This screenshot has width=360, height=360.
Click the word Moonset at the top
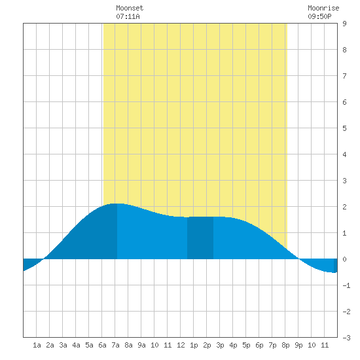[130, 8]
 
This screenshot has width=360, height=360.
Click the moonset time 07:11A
[128, 16]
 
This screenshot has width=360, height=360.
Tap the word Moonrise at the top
[323, 8]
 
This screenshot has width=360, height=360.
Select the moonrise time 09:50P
[319, 16]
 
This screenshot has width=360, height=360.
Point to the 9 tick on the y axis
[344, 24]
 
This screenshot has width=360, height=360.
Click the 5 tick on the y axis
[344, 128]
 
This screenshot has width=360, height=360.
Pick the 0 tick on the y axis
[344, 259]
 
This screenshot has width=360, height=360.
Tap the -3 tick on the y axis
[346, 338]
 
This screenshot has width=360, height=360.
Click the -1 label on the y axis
[346, 285]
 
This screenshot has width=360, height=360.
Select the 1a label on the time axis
[37, 345]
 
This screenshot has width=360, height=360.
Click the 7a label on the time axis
[115, 345]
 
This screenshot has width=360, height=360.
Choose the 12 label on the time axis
[181, 345]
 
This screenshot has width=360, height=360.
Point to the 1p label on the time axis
[194, 345]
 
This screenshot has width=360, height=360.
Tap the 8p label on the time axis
[285, 345]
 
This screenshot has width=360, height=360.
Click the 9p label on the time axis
[298, 345]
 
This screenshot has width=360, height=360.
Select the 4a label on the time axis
[76, 345]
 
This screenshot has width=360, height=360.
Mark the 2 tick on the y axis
[344, 207]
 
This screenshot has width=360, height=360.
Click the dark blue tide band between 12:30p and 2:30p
[200, 238]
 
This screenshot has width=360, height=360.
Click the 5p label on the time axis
[246, 345]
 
